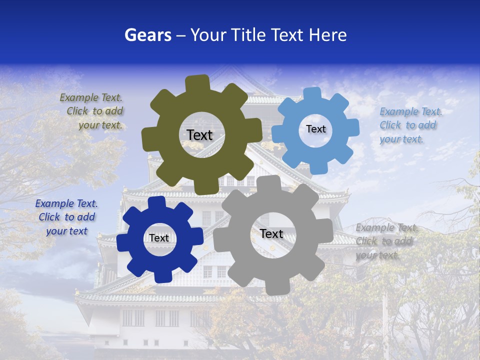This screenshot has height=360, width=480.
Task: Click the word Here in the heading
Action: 328,35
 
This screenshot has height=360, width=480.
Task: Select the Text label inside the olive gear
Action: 199,135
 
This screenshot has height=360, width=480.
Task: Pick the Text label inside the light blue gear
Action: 315,129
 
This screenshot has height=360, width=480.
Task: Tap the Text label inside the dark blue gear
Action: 159,238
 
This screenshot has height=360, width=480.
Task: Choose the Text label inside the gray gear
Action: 271,233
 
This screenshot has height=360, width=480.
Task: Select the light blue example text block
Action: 408,125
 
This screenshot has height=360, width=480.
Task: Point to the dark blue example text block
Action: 66,217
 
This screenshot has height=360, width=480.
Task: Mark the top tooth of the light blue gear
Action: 313,94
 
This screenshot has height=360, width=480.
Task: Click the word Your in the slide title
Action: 207,35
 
